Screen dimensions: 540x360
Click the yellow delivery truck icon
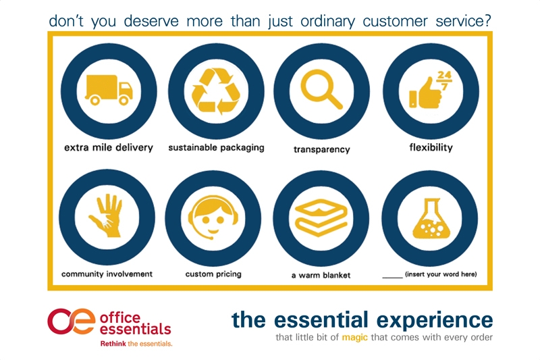(x=109, y=90)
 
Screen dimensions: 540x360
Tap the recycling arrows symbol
(x=216, y=91)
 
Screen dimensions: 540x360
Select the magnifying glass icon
(x=321, y=89)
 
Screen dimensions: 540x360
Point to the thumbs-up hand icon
(x=425, y=93)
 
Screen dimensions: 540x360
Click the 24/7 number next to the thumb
(x=444, y=80)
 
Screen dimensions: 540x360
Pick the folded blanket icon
(x=321, y=217)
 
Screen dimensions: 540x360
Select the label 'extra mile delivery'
(x=109, y=148)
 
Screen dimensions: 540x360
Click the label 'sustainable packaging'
(x=216, y=148)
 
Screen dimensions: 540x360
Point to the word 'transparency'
(x=322, y=149)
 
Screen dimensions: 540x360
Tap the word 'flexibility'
(x=431, y=148)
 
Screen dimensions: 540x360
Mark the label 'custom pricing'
(x=213, y=274)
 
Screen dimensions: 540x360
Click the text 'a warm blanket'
(x=321, y=276)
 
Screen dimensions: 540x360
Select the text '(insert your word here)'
(x=441, y=274)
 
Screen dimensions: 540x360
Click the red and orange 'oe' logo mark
(x=72, y=321)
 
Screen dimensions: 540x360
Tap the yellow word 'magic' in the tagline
(x=355, y=337)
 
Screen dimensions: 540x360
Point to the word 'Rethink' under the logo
(x=113, y=344)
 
